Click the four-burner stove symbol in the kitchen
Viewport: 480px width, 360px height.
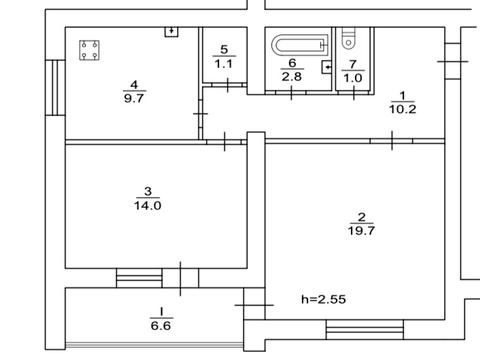coord(89,50)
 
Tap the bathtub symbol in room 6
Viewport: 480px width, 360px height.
coord(300,45)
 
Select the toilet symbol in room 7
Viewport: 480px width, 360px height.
coord(349,39)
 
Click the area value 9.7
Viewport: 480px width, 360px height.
coord(134,98)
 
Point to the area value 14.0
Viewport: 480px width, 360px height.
coord(148,205)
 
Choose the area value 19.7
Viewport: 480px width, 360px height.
coord(361,230)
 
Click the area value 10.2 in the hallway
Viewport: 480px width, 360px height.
coord(403,109)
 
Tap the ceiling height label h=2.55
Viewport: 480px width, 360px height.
coord(323,299)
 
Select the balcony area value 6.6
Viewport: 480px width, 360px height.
coord(161,326)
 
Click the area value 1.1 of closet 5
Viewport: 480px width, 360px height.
coord(224,64)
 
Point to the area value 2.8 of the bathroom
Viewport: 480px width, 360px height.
coord(292,77)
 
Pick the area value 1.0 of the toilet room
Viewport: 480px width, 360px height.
coord(353,78)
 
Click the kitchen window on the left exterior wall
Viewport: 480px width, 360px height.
coord(55,88)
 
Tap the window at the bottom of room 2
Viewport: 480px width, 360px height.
coord(365,330)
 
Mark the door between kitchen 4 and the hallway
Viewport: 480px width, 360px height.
coord(200,114)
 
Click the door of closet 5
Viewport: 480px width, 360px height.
coord(228,85)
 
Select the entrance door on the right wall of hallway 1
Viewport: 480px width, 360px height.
coord(453,61)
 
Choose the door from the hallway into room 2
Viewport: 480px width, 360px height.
coord(392,141)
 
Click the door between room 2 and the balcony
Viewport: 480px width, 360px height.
coord(254,305)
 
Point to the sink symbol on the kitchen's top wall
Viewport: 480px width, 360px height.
coord(172,32)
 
